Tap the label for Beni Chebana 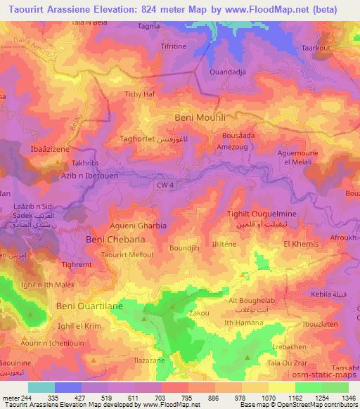point(115,240)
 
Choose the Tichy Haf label point(139,93)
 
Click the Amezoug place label point(233,147)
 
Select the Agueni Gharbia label point(139,226)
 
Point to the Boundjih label point(185,248)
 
